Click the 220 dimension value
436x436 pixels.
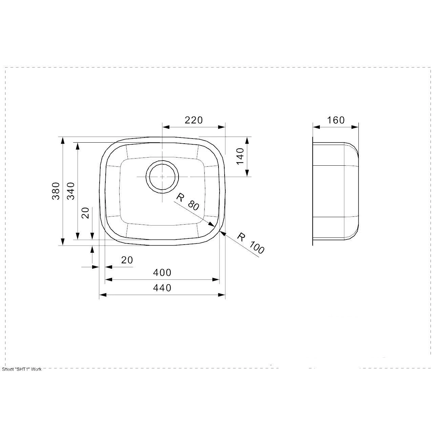193,120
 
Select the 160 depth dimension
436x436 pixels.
336,120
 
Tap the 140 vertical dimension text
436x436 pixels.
240,156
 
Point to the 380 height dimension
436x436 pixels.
56,191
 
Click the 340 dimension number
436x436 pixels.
71,191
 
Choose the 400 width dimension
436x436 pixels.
162,272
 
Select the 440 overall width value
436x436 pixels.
162,288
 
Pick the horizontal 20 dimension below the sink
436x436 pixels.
127,260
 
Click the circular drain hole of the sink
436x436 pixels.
162,177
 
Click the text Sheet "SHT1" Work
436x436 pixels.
22,369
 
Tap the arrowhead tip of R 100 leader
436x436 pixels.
220,232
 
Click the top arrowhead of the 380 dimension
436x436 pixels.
62,138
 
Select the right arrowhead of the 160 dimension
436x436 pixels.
358,127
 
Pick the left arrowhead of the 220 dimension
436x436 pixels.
164,127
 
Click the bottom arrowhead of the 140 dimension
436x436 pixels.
247,175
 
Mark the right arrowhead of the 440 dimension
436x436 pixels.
224,295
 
